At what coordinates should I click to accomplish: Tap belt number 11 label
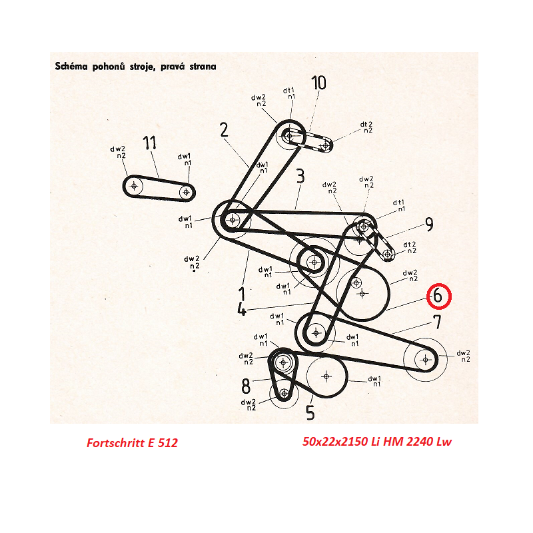149,143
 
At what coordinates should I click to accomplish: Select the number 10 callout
319,83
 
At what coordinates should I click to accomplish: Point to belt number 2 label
224,130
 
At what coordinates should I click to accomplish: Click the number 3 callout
300,176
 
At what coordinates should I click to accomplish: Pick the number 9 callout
429,225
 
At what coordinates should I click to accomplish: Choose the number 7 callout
438,322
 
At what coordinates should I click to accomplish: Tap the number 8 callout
245,386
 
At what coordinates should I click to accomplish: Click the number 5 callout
310,412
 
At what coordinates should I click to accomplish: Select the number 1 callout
242,294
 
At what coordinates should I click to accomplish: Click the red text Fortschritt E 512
132,442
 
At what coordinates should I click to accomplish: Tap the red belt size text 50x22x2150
336,442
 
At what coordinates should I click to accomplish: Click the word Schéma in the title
72,66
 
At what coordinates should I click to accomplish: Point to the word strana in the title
203,66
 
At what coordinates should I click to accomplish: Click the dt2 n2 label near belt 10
366,127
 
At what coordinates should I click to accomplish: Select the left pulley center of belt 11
134,186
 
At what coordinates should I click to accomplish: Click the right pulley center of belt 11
186,192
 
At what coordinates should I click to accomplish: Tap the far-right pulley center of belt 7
425,359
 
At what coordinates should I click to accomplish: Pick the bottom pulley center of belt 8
284,394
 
